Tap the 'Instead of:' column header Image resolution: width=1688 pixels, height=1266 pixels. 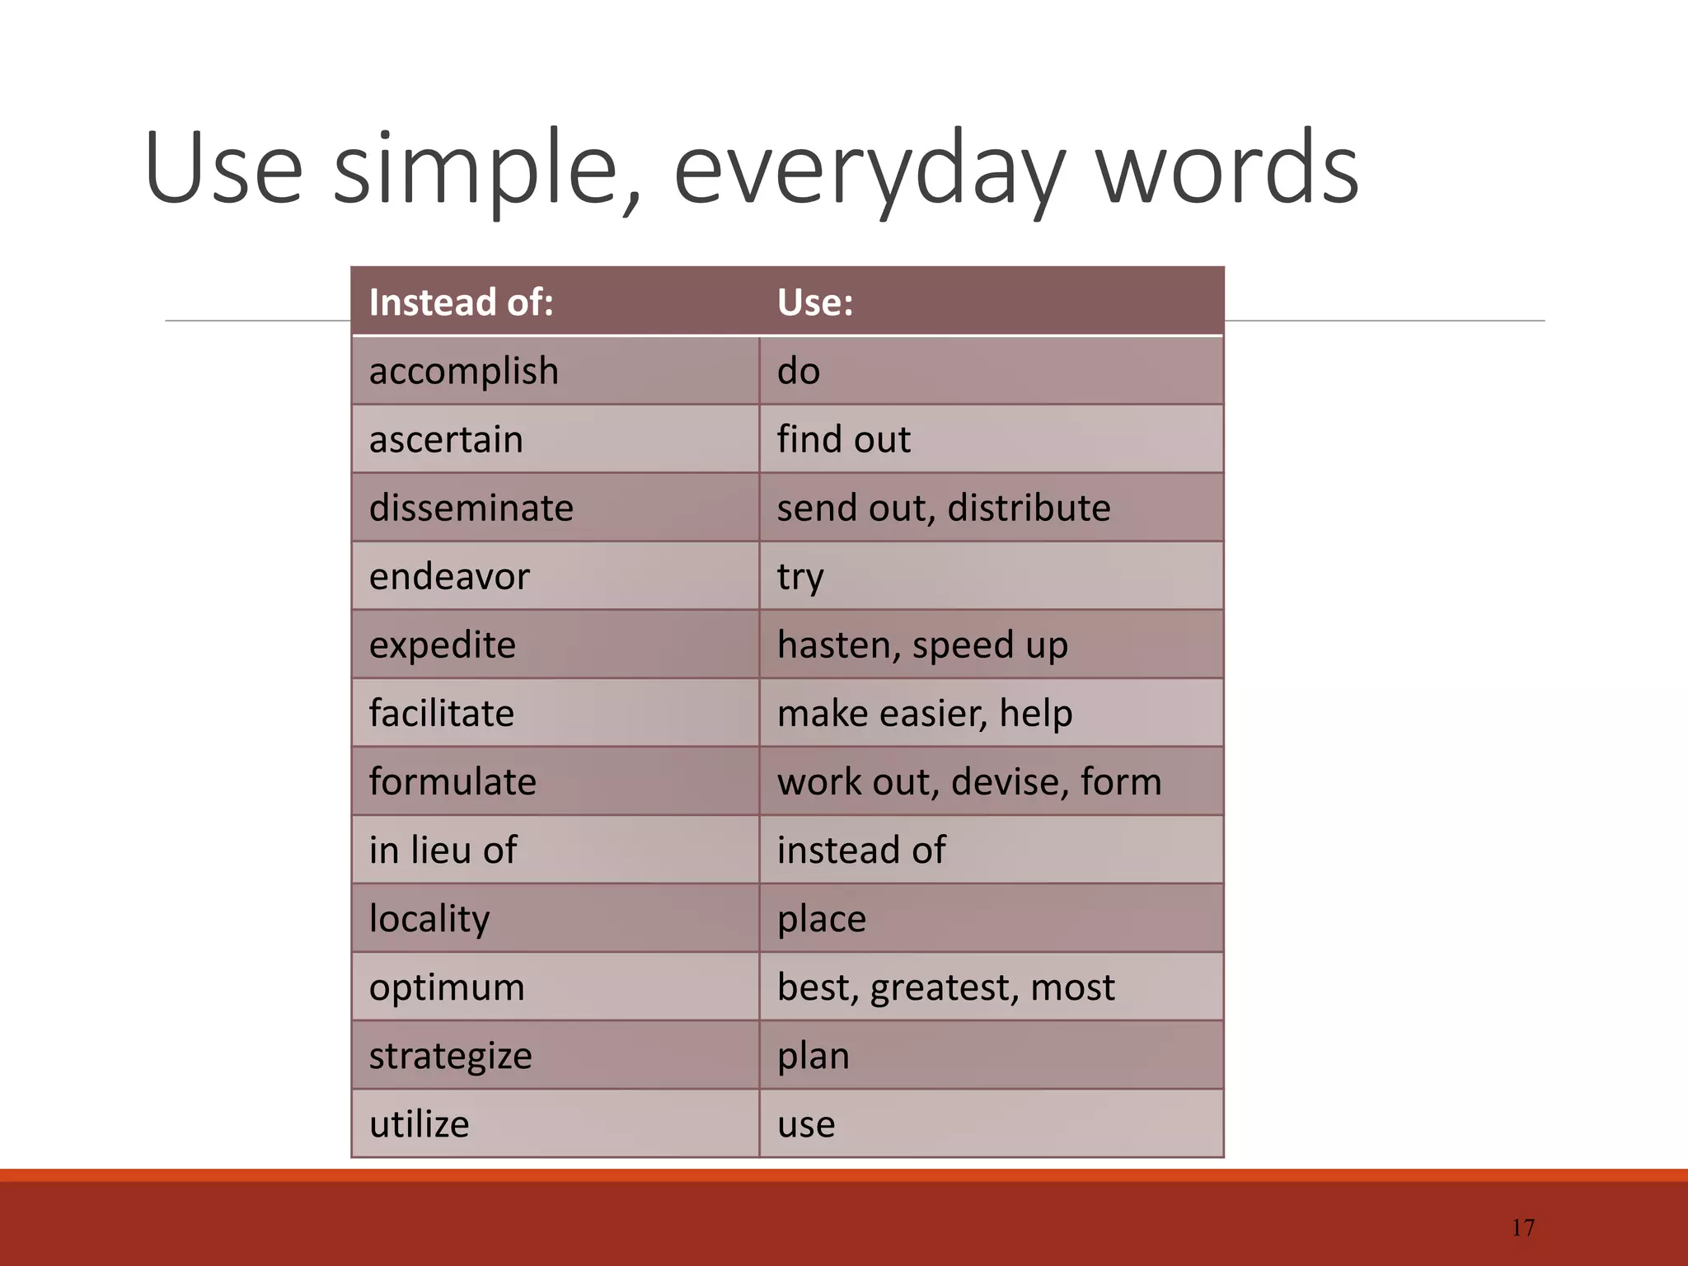pos(461,302)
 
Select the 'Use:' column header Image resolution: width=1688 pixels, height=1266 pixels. pos(814,302)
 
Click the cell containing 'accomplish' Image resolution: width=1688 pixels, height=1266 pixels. pos(463,371)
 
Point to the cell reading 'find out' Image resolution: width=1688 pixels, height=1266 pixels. pos(843,439)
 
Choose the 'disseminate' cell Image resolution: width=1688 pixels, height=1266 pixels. pos(471,508)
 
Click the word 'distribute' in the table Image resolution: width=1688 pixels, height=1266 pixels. pos(1028,508)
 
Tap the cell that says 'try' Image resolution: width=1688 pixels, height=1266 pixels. pos(800,576)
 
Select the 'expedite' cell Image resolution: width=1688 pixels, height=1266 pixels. pos(442,645)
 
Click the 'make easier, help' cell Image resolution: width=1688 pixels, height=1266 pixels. pos(924,713)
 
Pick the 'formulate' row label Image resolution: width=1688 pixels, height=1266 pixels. pos(452,781)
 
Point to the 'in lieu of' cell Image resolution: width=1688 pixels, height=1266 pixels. pos(443,850)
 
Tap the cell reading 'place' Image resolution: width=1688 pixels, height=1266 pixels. pos(821,918)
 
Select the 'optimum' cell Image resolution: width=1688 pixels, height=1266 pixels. pos(446,987)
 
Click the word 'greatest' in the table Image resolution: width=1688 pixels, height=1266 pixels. pos(938,987)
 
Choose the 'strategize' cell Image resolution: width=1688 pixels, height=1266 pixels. pos(450,1055)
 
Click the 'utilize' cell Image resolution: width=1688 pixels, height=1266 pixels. pos(419,1123)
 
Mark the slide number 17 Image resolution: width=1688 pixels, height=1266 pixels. pos(1522,1228)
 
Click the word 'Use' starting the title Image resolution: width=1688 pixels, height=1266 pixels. pos(223,169)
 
